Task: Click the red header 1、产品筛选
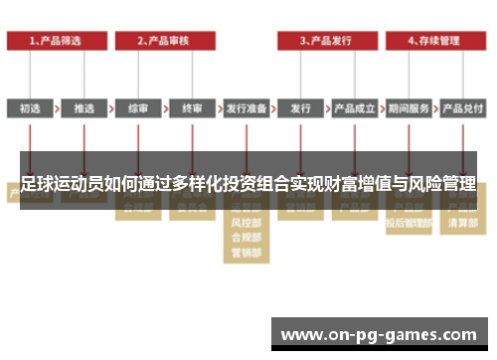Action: [56, 41]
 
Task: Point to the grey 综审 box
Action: [138, 108]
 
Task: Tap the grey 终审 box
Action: [192, 108]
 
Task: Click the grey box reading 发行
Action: [301, 108]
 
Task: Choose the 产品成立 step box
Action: [355, 108]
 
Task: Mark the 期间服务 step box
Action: [409, 108]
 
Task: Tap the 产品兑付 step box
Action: [462, 108]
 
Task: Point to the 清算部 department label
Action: [462, 224]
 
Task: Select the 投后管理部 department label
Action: [409, 224]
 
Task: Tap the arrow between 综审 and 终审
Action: [165, 108]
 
